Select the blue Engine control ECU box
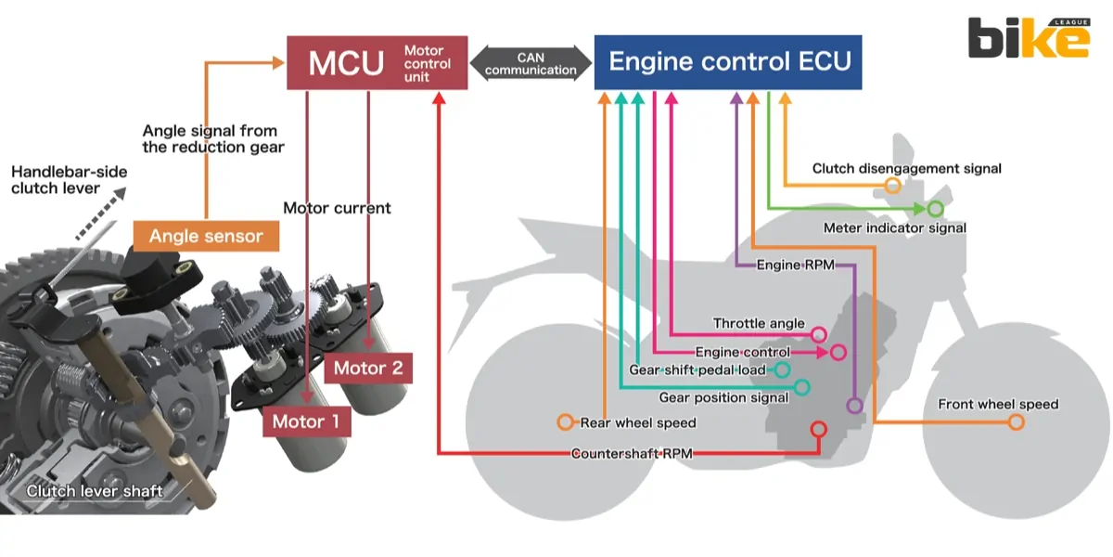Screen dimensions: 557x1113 tap(728, 62)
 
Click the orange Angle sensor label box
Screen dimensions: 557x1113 tap(205, 236)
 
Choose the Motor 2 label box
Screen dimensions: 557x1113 tap(368, 368)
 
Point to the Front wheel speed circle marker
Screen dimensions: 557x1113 tap(1016, 422)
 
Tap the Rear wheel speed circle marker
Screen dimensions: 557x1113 tap(565, 422)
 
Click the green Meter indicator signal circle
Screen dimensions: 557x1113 tap(935, 209)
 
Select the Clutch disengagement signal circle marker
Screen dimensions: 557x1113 tap(892, 186)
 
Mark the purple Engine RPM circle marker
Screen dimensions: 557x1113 tap(854, 406)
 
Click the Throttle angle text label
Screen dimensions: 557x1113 tap(759, 323)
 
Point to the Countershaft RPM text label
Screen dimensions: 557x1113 tap(631, 454)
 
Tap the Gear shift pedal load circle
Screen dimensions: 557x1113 tap(782, 369)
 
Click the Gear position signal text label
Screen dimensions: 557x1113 tap(723, 397)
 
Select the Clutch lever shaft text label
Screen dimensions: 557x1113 tap(95, 491)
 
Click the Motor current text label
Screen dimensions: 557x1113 tap(337, 208)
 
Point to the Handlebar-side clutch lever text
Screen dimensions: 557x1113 tap(69, 180)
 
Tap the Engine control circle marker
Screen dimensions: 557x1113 tap(838, 353)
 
